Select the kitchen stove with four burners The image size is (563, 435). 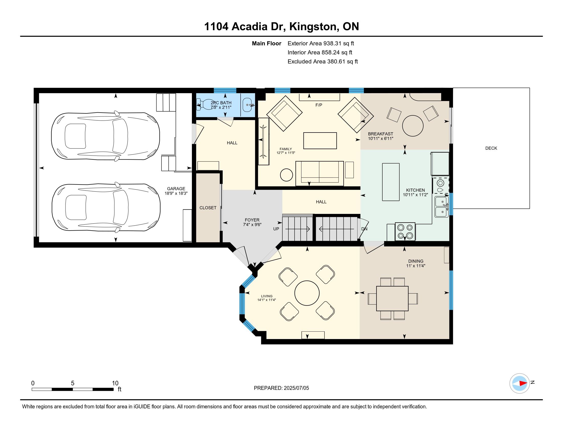click(405, 231)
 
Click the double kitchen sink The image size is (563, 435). click(441, 207)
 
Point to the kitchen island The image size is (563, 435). click(391, 182)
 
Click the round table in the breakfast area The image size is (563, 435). click(413, 126)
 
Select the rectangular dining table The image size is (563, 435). click(392, 298)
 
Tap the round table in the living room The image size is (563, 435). click(307, 293)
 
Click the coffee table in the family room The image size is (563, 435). click(320, 141)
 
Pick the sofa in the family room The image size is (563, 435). click(320, 173)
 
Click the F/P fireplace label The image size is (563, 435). click(319, 105)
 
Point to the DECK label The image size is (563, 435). click(491, 148)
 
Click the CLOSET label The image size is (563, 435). click(208, 208)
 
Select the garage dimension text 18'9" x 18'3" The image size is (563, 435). click(176, 193)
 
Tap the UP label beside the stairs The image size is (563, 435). click(276, 229)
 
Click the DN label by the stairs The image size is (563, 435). click(364, 229)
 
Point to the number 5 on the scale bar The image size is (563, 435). click(73, 383)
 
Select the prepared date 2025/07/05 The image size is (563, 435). click(296, 388)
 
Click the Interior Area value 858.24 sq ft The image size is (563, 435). click(337, 52)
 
